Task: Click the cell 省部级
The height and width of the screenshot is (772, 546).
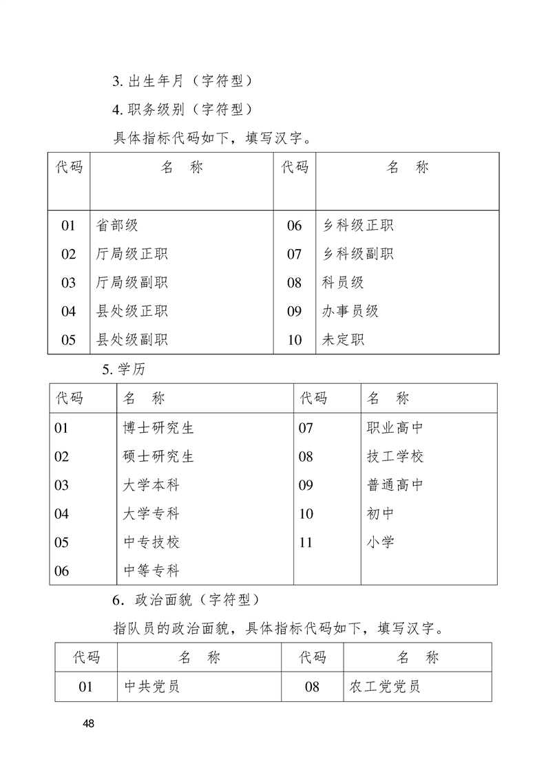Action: (x=118, y=225)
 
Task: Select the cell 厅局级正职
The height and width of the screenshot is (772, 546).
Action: (x=132, y=254)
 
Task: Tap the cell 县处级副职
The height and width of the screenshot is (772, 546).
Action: (x=132, y=339)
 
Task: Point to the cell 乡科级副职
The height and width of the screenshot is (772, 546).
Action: (x=357, y=254)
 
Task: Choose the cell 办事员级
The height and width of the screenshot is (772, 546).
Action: (x=350, y=311)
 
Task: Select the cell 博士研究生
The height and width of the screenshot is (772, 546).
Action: (x=158, y=428)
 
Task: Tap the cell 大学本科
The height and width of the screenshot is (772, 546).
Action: (x=151, y=485)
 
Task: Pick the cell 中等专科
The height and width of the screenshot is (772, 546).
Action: (x=151, y=570)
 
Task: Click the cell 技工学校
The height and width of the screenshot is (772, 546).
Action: (x=395, y=456)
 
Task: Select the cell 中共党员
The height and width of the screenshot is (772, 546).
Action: (x=151, y=687)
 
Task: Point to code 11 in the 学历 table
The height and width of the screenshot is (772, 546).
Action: (x=306, y=542)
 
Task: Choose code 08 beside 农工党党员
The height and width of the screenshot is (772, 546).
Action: (x=312, y=687)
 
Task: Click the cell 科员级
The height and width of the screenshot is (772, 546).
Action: (x=343, y=282)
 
